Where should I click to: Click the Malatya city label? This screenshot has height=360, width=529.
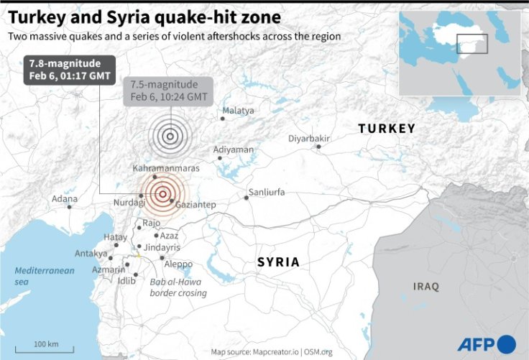click(x=238, y=110)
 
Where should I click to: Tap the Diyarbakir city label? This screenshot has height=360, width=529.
click(x=308, y=138)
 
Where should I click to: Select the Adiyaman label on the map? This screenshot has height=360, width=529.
click(x=234, y=149)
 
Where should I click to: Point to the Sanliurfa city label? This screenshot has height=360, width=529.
click(x=266, y=193)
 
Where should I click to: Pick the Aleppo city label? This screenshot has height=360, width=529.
click(x=178, y=264)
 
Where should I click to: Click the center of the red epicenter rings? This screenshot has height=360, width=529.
click(x=163, y=193)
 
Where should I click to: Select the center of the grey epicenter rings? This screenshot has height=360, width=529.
click(x=170, y=135)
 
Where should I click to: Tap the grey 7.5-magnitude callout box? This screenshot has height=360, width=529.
click(x=168, y=91)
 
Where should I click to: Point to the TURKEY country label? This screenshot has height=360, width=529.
click(x=387, y=129)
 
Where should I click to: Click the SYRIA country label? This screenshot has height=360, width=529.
click(x=278, y=262)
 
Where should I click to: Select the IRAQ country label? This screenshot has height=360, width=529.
click(x=425, y=287)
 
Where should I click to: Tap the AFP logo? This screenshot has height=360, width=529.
click(x=487, y=343)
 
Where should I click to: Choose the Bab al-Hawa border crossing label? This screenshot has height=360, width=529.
click(x=178, y=287)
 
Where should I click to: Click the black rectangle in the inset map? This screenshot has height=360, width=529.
click(x=472, y=42)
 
